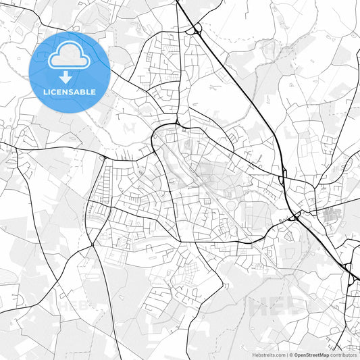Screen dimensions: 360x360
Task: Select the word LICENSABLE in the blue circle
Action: pyautogui.click(x=70, y=92)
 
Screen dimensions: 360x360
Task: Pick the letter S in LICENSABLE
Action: pyautogui.click(x=73, y=92)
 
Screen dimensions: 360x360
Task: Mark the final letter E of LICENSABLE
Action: pyautogui.click(x=93, y=92)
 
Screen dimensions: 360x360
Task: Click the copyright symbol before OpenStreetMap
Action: pyautogui.click(x=288, y=354)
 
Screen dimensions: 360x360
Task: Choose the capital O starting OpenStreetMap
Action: pyautogui.click(x=294, y=354)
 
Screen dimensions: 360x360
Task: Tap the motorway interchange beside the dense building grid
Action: pyautogui.click(x=296, y=217)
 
